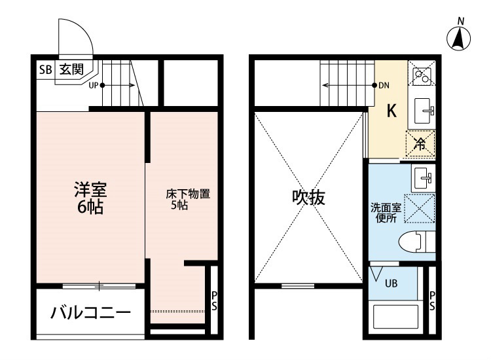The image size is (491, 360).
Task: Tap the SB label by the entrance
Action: tap(45, 69)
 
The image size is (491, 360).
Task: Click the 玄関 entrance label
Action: tap(72, 69)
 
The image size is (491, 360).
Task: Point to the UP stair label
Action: tap(94, 85)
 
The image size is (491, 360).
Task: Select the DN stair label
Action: tap(384, 85)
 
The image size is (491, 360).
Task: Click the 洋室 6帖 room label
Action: tap(90, 198)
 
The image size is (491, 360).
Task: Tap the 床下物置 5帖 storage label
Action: tap(188, 199)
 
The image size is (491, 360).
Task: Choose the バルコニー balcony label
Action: tap(90, 313)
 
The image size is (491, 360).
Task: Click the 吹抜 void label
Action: tap(308, 198)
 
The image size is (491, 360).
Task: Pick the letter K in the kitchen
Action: tap(391, 111)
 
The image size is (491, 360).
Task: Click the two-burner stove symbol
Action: tap(422, 75)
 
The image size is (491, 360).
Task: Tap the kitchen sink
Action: tap(424, 111)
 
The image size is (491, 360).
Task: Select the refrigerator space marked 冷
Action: tap(420, 143)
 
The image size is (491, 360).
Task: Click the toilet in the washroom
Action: tap(416, 242)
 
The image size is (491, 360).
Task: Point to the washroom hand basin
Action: tap(423, 178)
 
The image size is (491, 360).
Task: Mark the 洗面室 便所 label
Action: tap(386, 213)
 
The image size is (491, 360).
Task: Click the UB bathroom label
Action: tap(391, 283)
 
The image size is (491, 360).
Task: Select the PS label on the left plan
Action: tap(214, 301)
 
